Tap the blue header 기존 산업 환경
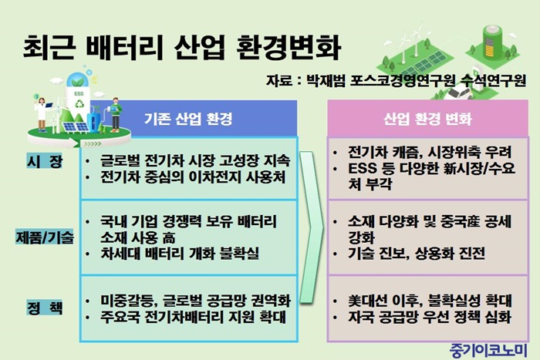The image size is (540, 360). click(x=188, y=119)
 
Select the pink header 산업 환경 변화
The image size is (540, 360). click(x=427, y=119)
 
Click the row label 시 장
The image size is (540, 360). click(x=45, y=161)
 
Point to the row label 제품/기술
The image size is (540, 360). click(x=45, y=237)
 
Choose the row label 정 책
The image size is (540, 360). click(x=45, y=308)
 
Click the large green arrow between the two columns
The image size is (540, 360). click(x=312, y=227)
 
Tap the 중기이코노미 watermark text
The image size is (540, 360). click(x=488, y=350)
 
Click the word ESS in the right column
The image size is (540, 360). click(x=363, y=169)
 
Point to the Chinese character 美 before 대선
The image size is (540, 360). click(x=354, y=301)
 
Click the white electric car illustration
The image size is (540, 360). click(x=457, y=93)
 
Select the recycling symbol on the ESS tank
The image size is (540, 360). click(x=80, y=103)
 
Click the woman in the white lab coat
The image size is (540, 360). click(x=42, y=114)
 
